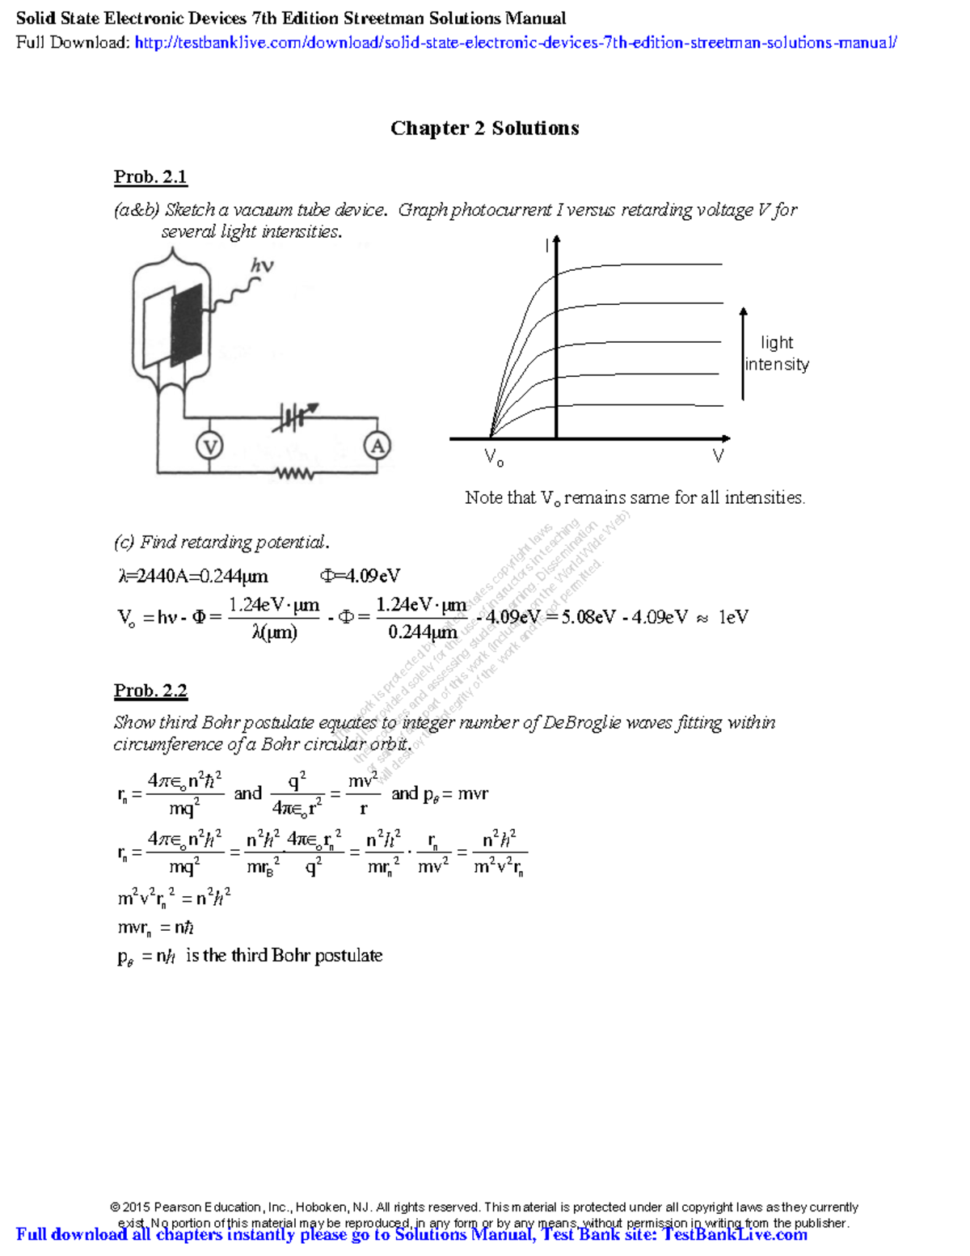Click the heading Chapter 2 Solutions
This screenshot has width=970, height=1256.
click(484, 129)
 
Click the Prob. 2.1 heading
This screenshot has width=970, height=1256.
click(150, 177)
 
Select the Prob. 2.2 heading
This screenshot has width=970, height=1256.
click(150, 691)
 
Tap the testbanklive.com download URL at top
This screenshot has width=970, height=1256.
click(515, 43)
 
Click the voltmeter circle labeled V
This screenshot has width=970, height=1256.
click(209, 446)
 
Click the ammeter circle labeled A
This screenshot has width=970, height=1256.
click(377, 445)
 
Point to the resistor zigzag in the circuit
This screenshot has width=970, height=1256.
click(294, 473)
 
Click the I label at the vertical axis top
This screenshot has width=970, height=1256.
click(547, 246)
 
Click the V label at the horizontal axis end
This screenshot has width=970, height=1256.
click(718, 456)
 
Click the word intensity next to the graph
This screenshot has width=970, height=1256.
click(777, 365)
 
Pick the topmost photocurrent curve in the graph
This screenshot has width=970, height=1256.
click(647, 264)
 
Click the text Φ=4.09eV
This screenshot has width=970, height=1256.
click(360, 576)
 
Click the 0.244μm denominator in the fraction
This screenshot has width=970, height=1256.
click(422, 632)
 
